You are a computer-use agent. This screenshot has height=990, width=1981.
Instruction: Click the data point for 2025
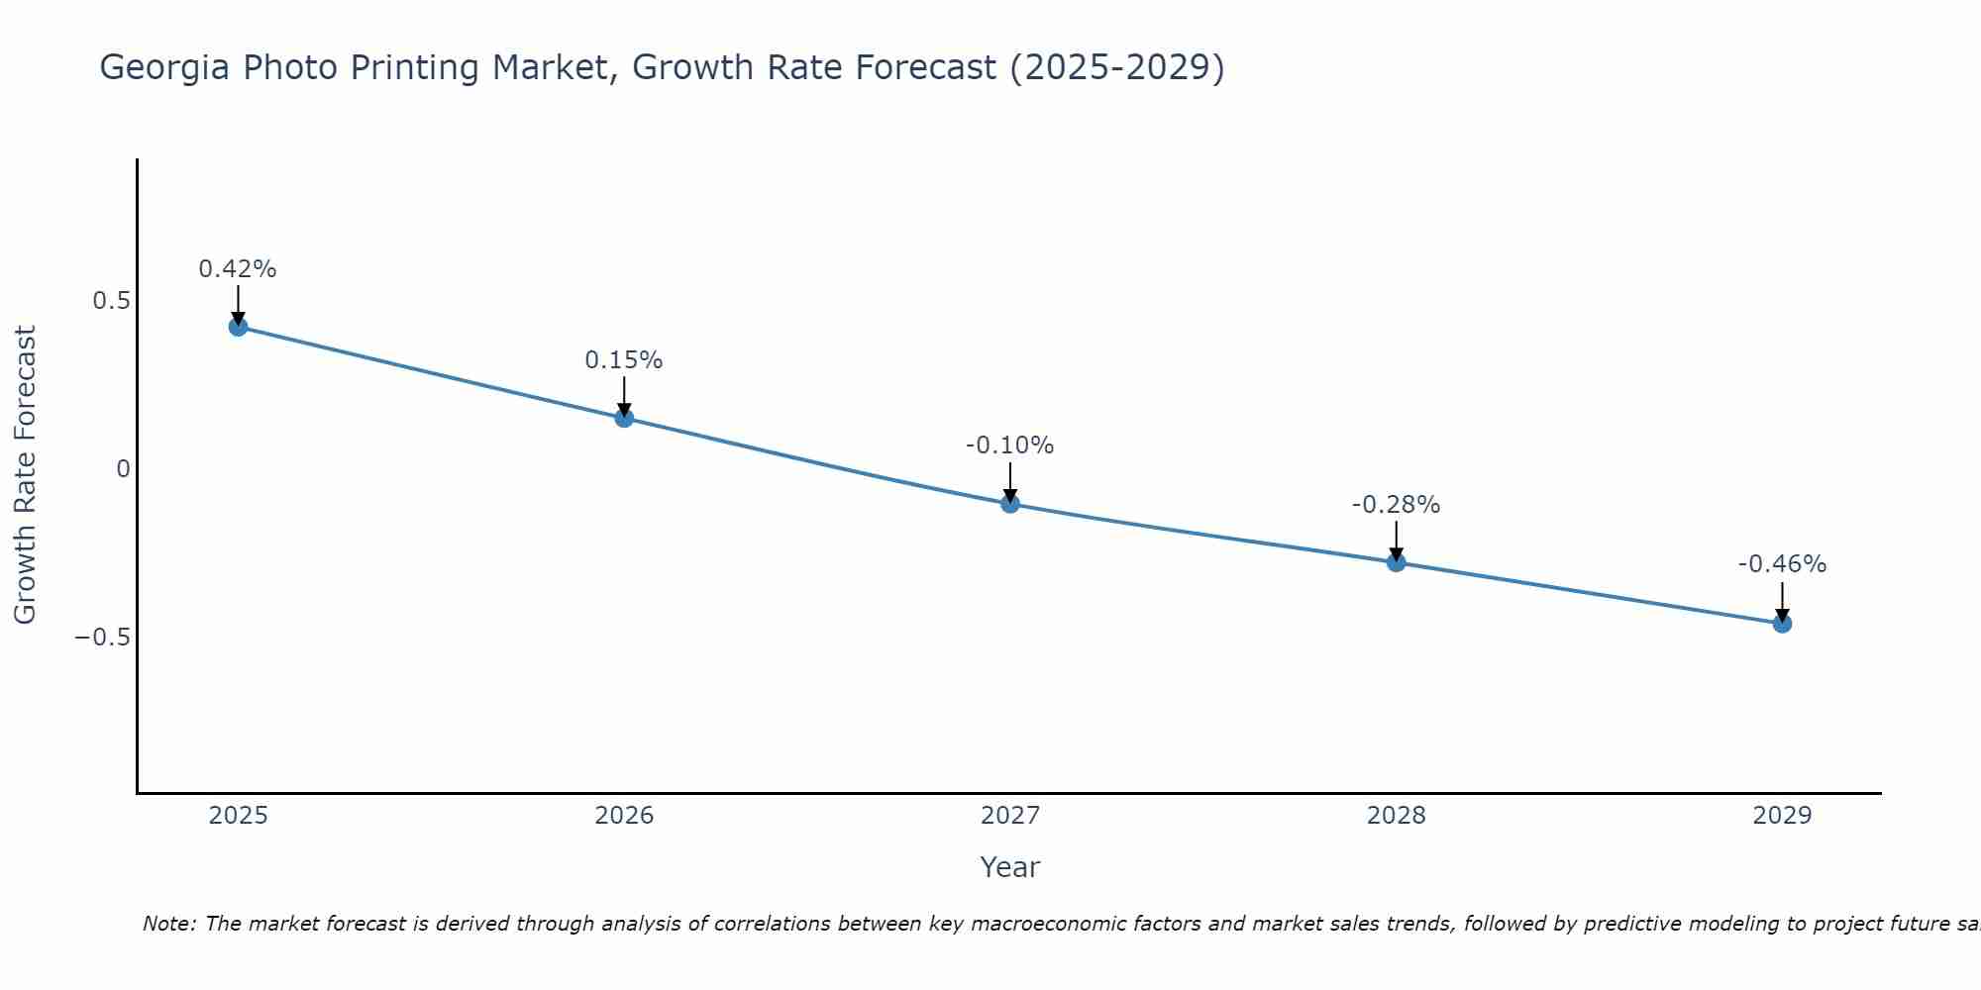point(238,327)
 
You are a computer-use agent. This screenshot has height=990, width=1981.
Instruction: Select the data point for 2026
point(624,418)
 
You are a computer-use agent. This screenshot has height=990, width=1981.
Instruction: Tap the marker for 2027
point(1010,503)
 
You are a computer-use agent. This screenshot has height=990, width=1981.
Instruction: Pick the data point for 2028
point(1397,562)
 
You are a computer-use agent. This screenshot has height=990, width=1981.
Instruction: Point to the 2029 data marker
point(1782,624)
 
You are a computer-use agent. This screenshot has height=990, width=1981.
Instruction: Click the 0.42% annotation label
point(238,269)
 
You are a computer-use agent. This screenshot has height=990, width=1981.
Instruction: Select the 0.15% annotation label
point(624,360)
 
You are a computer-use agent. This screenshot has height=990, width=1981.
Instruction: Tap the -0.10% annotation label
point(1010,445)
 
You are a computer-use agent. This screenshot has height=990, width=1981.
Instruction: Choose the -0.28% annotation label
point(1397,505)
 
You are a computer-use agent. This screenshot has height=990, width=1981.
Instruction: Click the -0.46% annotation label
point(1782,564)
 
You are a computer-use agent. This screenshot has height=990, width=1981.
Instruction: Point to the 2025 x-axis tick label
point(239,816)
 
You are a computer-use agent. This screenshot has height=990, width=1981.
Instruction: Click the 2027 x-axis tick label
point(1010,816)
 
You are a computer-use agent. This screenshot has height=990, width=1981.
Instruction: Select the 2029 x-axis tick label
point(1782,816)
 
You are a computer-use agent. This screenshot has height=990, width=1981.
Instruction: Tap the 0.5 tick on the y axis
point(112,301)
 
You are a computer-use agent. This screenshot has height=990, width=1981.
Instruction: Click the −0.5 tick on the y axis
point(103,637)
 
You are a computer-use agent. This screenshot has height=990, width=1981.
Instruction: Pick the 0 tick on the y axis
point(123,469)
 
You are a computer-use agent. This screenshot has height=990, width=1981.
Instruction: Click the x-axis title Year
point(1010,867)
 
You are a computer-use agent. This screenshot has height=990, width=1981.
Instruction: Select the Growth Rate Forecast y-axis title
point(25,475)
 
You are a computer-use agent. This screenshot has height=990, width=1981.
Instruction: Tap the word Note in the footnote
point(167,924)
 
